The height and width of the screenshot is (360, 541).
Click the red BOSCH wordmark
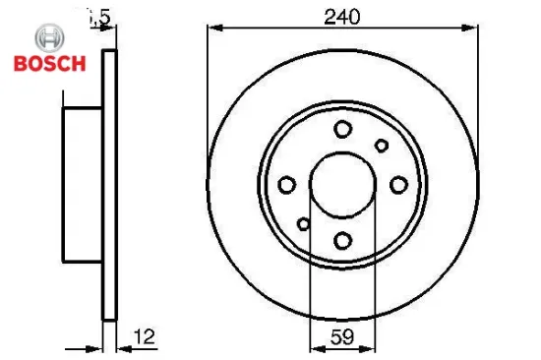pyautogui.click(x=48, y=64)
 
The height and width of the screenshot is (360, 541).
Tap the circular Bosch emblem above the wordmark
pyautogui.click(x=48, y=38)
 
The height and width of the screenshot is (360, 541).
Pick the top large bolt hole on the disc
pyautogui.click(x=342, y=129)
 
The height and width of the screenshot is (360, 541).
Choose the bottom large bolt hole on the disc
pyautogui.click(x=342, y=239)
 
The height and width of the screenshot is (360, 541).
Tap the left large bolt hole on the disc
pyautogui.click(x=287, y=185)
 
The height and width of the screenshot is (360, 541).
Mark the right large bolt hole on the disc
pyautogui.click(x=398, y=184)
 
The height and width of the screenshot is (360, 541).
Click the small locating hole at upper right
pyautogui.click(x=382, y=146)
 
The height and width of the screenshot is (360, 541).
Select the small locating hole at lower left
pyautogui.click(x=304, y=224)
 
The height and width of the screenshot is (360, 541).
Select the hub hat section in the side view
pyautogui.click(x=83, y=184)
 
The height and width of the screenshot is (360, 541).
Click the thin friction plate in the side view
pyautogui.click(x=110, y=184)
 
